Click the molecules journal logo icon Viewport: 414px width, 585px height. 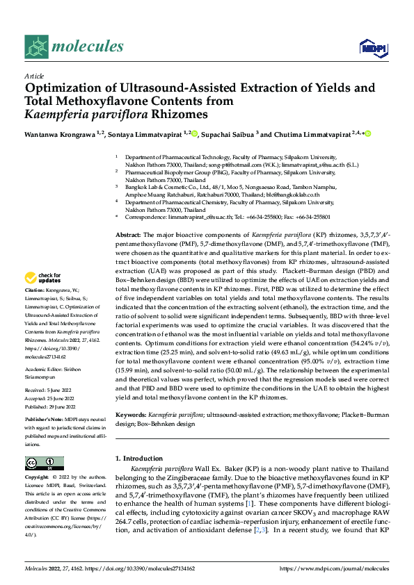click(x=35, y=47)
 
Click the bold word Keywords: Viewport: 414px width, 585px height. click(x=130, y=413)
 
